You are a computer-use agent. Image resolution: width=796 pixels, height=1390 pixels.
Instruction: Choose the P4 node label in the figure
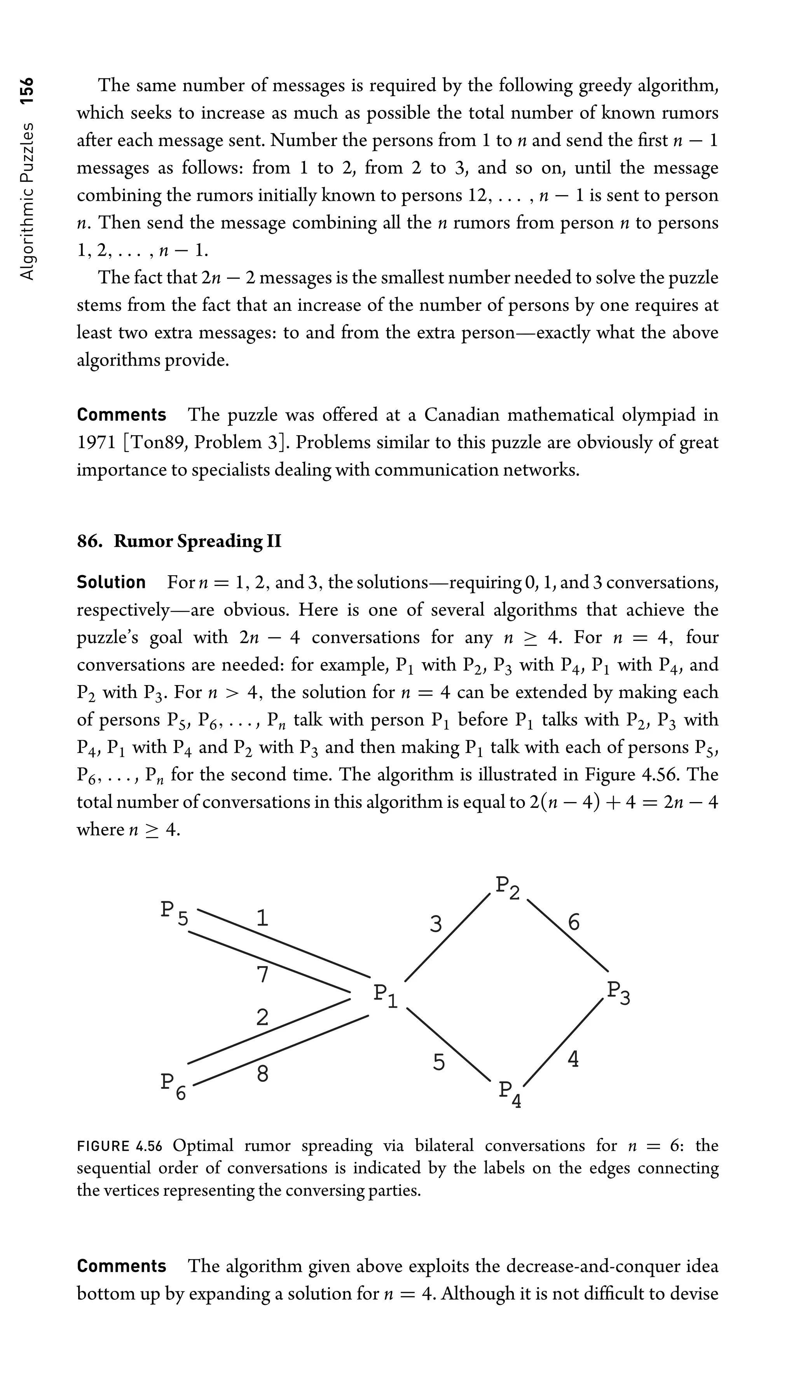coord(510,1093)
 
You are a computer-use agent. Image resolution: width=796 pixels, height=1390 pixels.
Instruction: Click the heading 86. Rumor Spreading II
coord(179,541)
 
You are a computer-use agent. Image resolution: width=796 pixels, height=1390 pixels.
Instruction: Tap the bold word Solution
coord(111,583)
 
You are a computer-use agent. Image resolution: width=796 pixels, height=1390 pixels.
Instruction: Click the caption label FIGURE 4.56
coord(120,1146)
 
